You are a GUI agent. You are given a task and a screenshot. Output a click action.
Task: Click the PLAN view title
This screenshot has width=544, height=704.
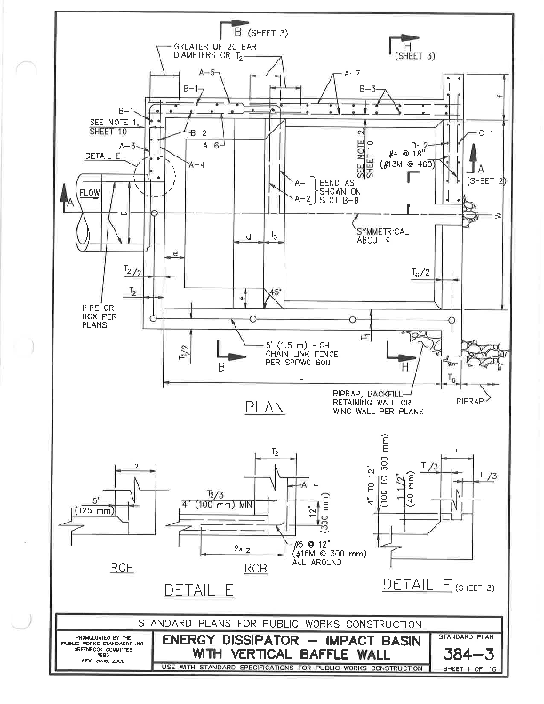pos(265,408)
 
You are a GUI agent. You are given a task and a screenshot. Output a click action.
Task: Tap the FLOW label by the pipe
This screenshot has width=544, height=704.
pos(90,192)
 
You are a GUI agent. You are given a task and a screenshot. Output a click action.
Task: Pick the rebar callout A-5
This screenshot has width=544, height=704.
pos(206,72)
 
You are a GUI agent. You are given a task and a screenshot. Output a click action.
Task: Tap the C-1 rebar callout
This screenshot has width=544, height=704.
pos(485,132)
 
